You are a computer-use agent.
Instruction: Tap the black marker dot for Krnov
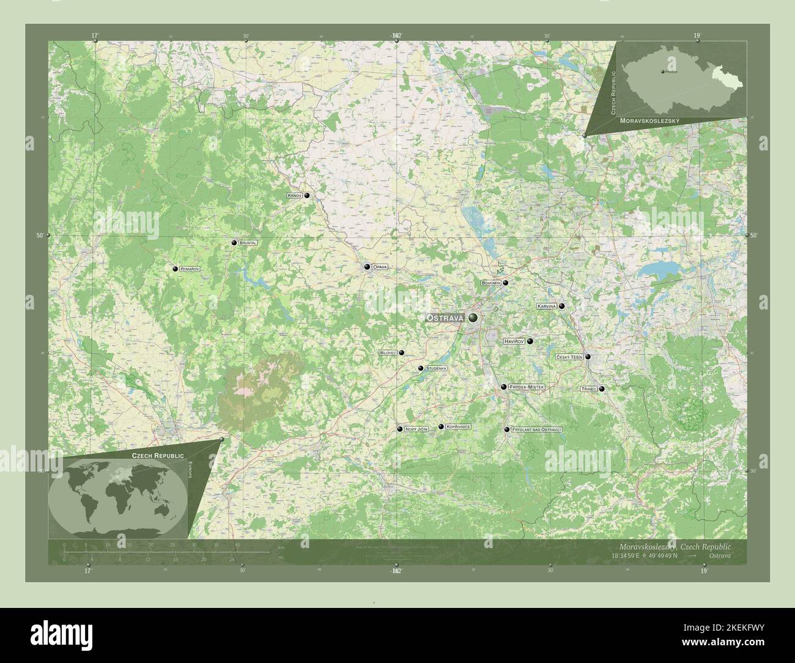click(307, 196)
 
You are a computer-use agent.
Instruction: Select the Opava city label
click(380, 267)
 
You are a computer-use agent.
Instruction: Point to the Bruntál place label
click(248, 243)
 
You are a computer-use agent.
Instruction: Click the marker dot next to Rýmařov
click(175, 269)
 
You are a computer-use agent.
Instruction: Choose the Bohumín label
click(491, 283)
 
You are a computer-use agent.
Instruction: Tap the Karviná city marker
click(561, 306)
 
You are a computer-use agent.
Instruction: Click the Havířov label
click(514, 341)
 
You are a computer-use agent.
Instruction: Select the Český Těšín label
click(569, 357)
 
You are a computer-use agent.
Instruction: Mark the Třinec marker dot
click(602, 389)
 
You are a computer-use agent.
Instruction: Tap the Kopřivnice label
click(457, 426)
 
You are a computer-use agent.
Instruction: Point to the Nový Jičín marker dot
click(399, 429)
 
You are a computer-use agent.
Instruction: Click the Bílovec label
click(388, 353)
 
